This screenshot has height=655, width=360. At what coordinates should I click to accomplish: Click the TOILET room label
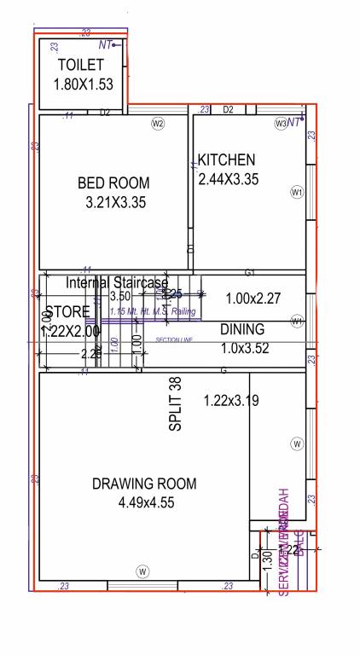80,65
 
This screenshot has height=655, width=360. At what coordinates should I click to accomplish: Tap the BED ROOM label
113,183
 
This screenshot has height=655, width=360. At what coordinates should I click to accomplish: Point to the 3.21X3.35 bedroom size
117,202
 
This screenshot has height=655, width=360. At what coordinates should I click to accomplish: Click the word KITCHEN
226,159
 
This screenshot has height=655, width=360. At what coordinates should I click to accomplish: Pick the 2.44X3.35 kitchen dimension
227,179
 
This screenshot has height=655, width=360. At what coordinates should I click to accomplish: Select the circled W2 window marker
158,124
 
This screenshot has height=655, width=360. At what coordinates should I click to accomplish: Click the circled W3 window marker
281,124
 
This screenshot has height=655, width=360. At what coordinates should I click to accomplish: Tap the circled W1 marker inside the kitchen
297,193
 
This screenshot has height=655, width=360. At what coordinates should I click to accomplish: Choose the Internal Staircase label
118,282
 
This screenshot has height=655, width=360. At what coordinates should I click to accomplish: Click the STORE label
67,312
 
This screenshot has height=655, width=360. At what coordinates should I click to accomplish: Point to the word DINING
242,329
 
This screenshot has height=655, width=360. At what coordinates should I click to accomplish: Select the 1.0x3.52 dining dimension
245,347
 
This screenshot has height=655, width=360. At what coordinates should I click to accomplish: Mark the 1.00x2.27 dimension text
253,299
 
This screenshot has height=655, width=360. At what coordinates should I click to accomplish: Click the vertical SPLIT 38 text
176,404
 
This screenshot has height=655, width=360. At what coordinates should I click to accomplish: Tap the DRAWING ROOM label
144,484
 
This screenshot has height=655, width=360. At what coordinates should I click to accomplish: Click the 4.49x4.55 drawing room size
147,502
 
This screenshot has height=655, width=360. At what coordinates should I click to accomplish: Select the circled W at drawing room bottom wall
142,571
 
